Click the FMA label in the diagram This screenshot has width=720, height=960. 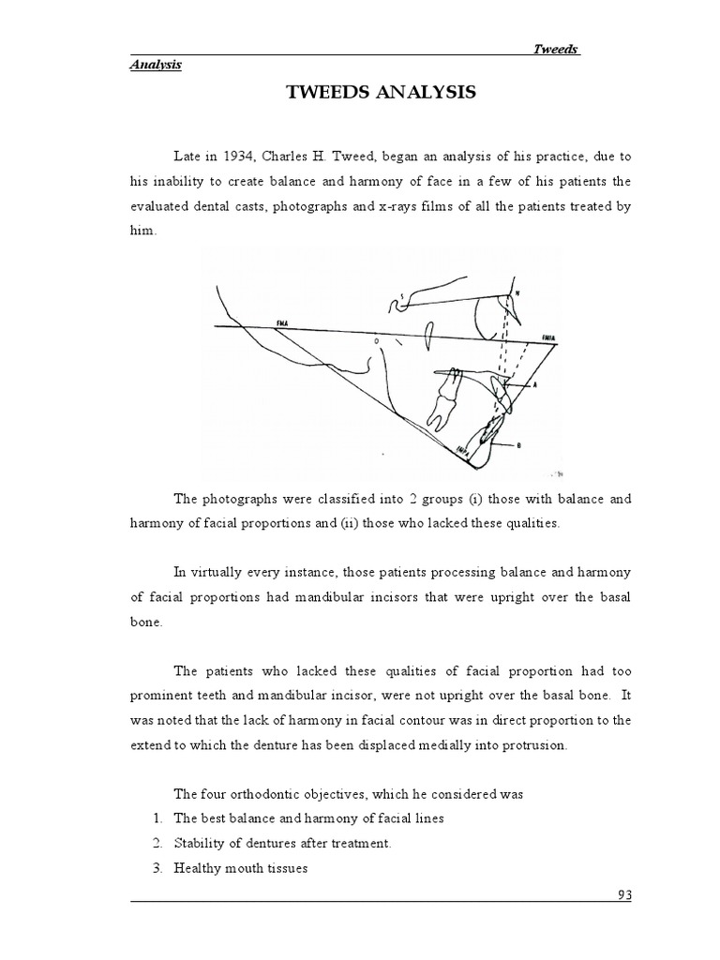tap(281, 322)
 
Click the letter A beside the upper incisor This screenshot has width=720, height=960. tap(533, 384)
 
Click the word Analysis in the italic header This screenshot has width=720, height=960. tap(155, 65)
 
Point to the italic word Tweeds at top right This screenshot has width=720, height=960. tap(557, 50)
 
